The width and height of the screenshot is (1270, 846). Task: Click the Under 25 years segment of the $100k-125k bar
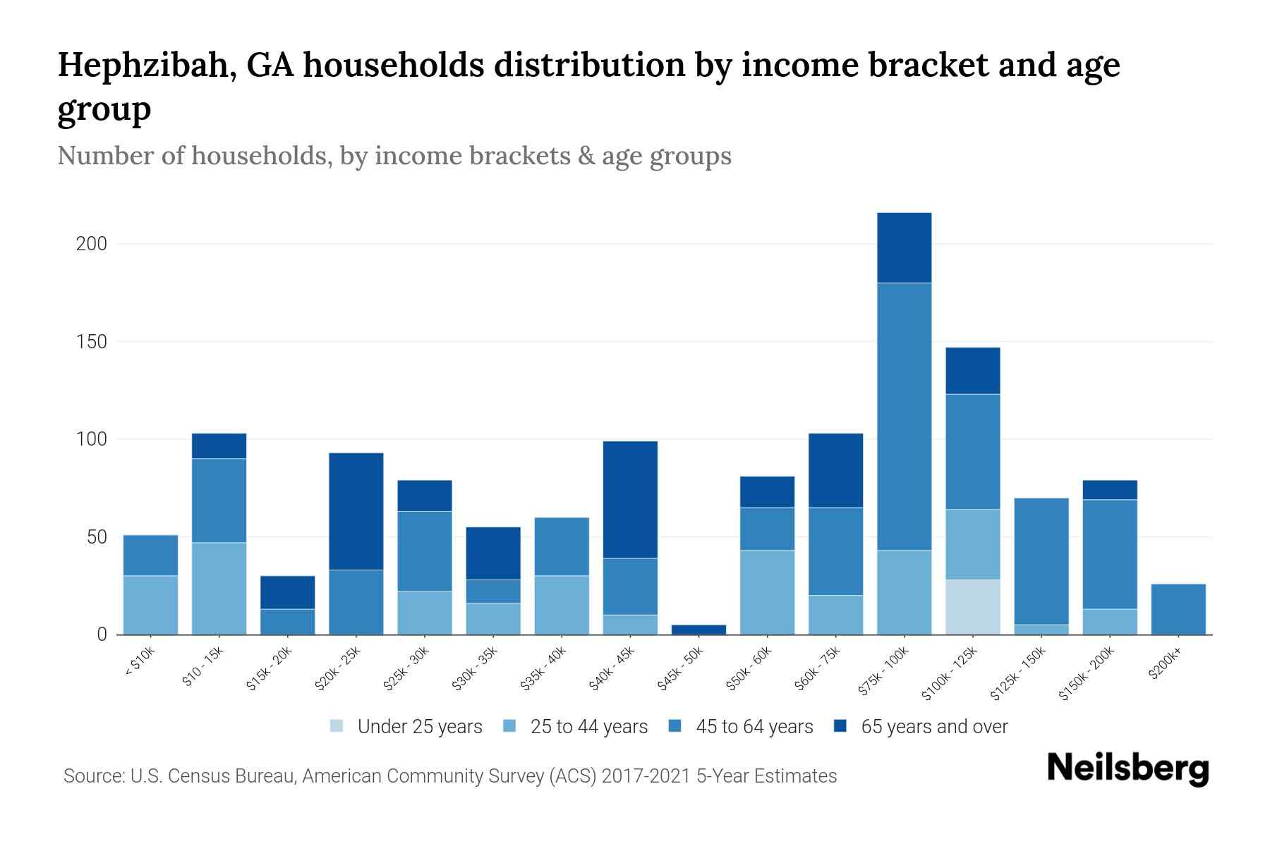click(x=972, y=607)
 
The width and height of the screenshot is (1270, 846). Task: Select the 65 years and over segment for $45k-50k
click(x=698, y=629)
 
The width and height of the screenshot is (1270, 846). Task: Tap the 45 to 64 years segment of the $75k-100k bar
click(x=904, y=416)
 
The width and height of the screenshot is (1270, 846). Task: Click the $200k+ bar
click(x=1178, y=609)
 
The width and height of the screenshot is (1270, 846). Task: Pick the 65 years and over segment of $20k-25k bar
click(x=356, y=511)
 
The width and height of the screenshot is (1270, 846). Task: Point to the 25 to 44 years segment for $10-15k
click(x=219, y=588)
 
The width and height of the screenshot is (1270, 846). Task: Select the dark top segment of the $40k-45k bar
click(x=630, y=499)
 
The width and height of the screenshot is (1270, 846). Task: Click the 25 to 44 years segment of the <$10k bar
click(x=150, y=605)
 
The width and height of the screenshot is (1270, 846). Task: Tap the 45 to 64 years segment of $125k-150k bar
click(x=1041, y=561)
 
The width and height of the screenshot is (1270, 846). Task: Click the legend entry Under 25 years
click(x=419, y=727)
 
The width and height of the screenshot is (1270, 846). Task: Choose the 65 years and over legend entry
click(x=933, y=727)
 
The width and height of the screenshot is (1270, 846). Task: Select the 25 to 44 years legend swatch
click(x=509, y=726)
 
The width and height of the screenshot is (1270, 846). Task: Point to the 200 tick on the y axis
click(x=91, y=244)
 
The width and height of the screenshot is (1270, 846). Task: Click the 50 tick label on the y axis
click(x=96, y=537)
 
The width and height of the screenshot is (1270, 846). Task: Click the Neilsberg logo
click(x=1127, y=768)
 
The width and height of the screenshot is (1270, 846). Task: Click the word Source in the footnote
click(x=92, y=776)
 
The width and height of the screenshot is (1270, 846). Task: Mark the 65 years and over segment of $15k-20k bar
click(x=287, y=592)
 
